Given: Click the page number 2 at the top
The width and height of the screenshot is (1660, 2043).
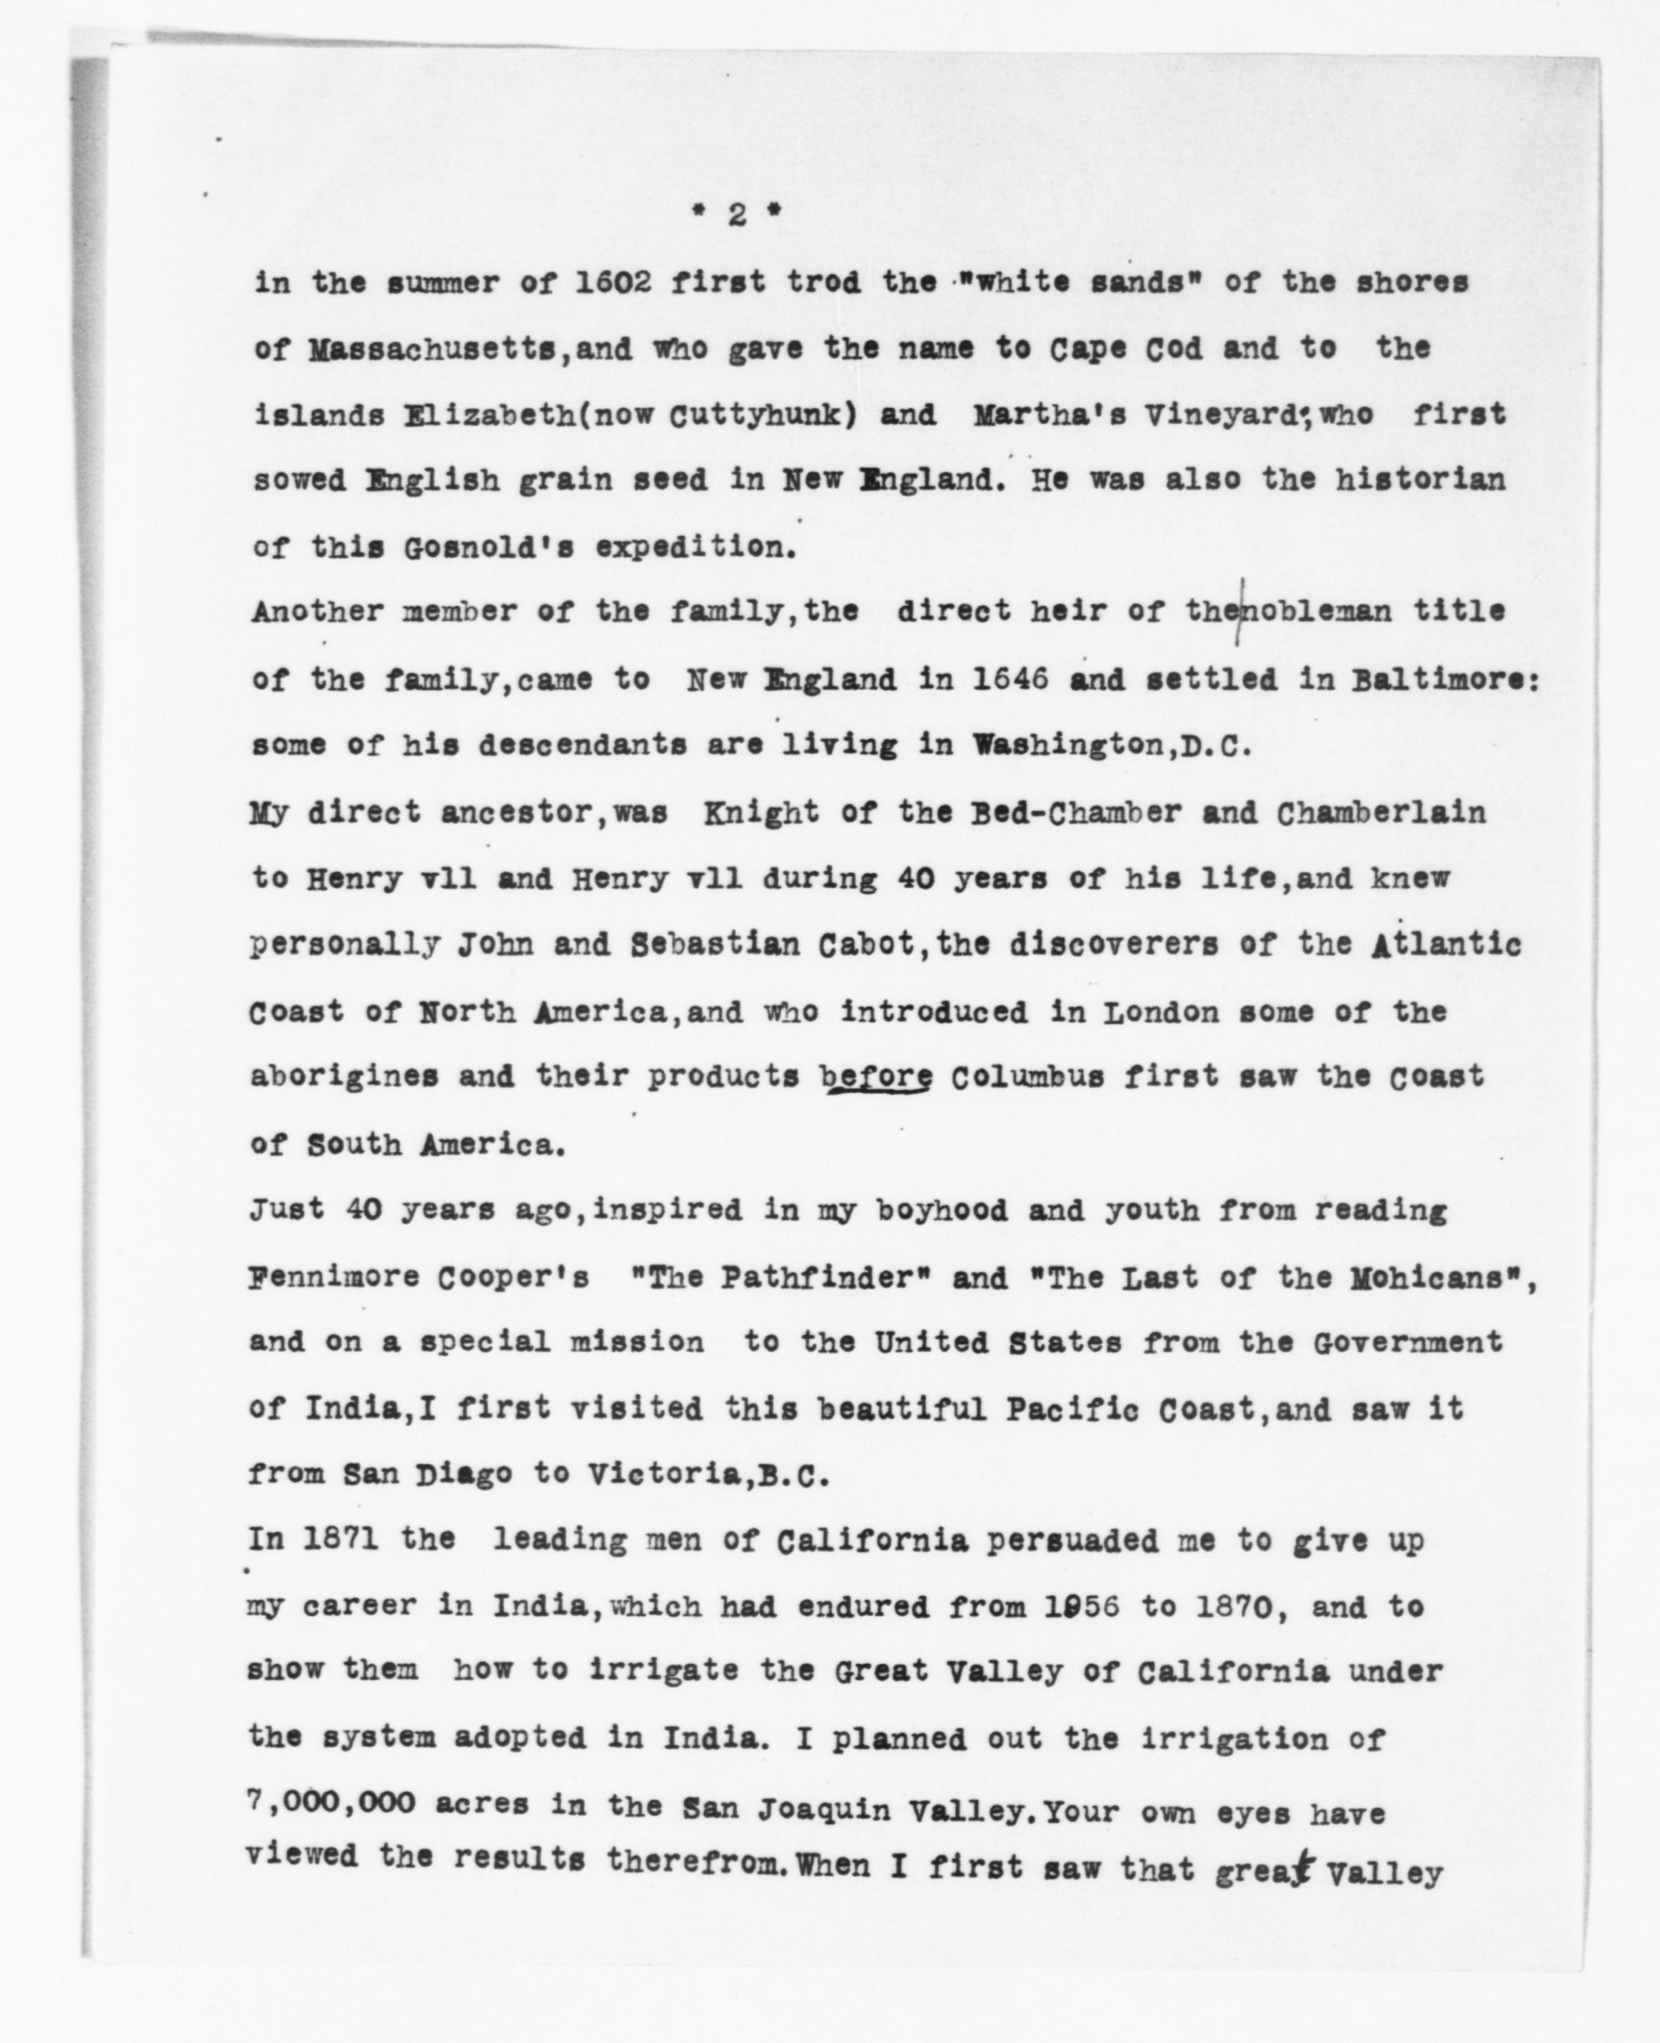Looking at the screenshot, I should click(x=736, y=216).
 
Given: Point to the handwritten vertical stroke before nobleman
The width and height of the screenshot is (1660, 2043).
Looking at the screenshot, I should click(x=1241, y=612).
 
